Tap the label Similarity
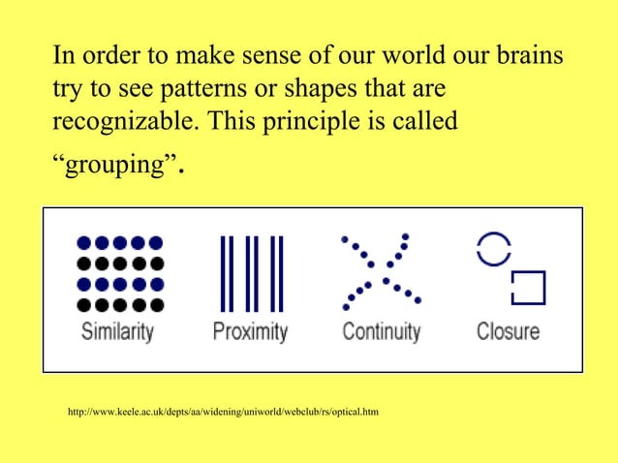coord(117,331)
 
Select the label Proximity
coord(250,331)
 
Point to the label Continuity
coord(382,331)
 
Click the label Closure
coord(508,331)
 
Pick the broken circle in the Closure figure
coord(492,249)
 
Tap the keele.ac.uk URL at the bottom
coord(223,414)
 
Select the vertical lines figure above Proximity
coord(249,270)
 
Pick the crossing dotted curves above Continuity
coord(379,267)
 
